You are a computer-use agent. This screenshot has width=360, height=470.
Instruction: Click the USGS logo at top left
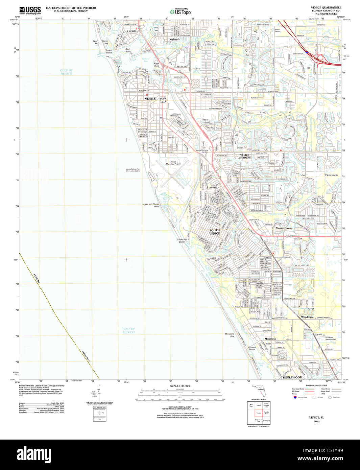click(x=30, y=10)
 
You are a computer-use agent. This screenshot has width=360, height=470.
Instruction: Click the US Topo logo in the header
click(x=180, y=11)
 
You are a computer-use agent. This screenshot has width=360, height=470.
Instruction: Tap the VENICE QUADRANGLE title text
click(x=326, y=7)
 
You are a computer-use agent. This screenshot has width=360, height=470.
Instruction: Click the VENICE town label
click(x=150, y=99)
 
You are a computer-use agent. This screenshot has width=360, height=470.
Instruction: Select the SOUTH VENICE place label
click(x=214, y=232)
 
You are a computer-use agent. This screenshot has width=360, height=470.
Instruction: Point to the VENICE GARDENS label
click(x=245, y=156)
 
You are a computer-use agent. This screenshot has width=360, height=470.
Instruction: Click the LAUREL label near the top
click(x=132, y=31)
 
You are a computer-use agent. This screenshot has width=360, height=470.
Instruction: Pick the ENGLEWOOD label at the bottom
click(x=292, y=377)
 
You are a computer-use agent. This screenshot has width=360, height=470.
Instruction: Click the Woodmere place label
click(x=307, y=317)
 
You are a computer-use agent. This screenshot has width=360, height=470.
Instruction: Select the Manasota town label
click(x=270, y=338)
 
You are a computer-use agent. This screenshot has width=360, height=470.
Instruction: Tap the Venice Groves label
click(x=284, y=228)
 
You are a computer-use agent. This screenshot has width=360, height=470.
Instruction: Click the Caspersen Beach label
click(x=182, y=240)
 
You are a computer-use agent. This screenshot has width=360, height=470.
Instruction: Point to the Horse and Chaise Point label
click(x=151, y=205)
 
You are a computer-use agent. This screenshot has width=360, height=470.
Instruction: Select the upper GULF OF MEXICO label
click(x=66, y=72)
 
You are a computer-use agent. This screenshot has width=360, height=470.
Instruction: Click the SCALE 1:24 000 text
click(x=180, y=386)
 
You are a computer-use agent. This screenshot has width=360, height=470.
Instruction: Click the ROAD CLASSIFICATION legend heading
click(x=316, y=385)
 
